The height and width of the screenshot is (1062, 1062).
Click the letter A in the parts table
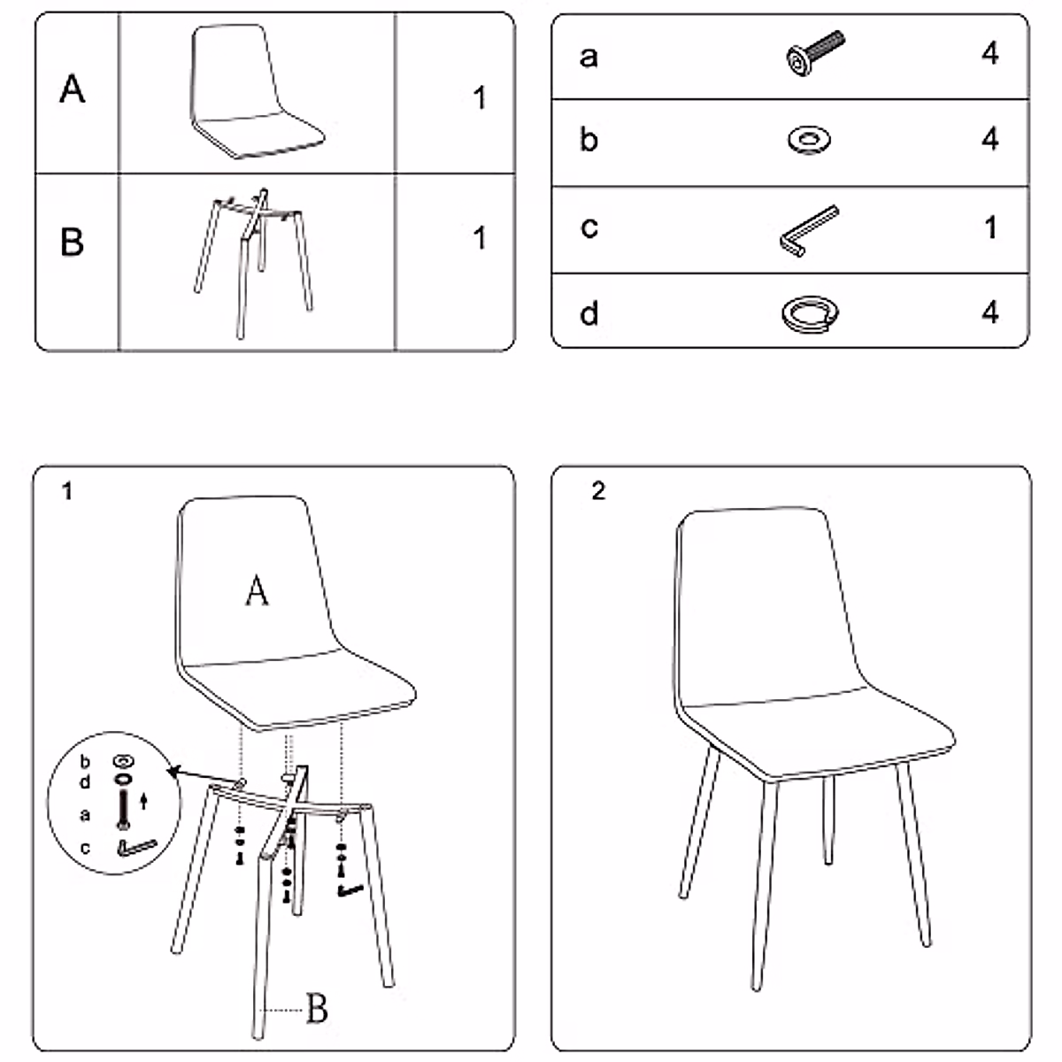73,89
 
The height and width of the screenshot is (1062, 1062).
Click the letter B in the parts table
73,242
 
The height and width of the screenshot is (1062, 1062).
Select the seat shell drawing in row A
257,91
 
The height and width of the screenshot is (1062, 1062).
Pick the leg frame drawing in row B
253,264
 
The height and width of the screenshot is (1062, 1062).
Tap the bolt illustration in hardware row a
815,53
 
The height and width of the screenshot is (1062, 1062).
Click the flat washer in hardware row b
809,140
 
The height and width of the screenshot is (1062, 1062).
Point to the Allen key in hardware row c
809,231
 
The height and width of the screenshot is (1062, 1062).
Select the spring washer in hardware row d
810,314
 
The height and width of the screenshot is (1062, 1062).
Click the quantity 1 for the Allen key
991,227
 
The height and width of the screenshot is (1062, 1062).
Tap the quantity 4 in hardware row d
989,312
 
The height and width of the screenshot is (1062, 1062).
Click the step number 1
67,490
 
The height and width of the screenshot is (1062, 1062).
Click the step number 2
598,490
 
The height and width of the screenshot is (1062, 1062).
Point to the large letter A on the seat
257,591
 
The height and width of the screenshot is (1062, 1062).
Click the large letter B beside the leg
317,1008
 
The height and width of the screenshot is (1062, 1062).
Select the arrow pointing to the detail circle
204,775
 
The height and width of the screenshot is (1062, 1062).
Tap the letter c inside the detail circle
85,848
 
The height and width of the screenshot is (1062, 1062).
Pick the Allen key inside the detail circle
135,848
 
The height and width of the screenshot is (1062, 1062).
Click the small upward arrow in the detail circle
144,801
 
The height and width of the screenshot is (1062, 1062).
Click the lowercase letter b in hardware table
589,139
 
